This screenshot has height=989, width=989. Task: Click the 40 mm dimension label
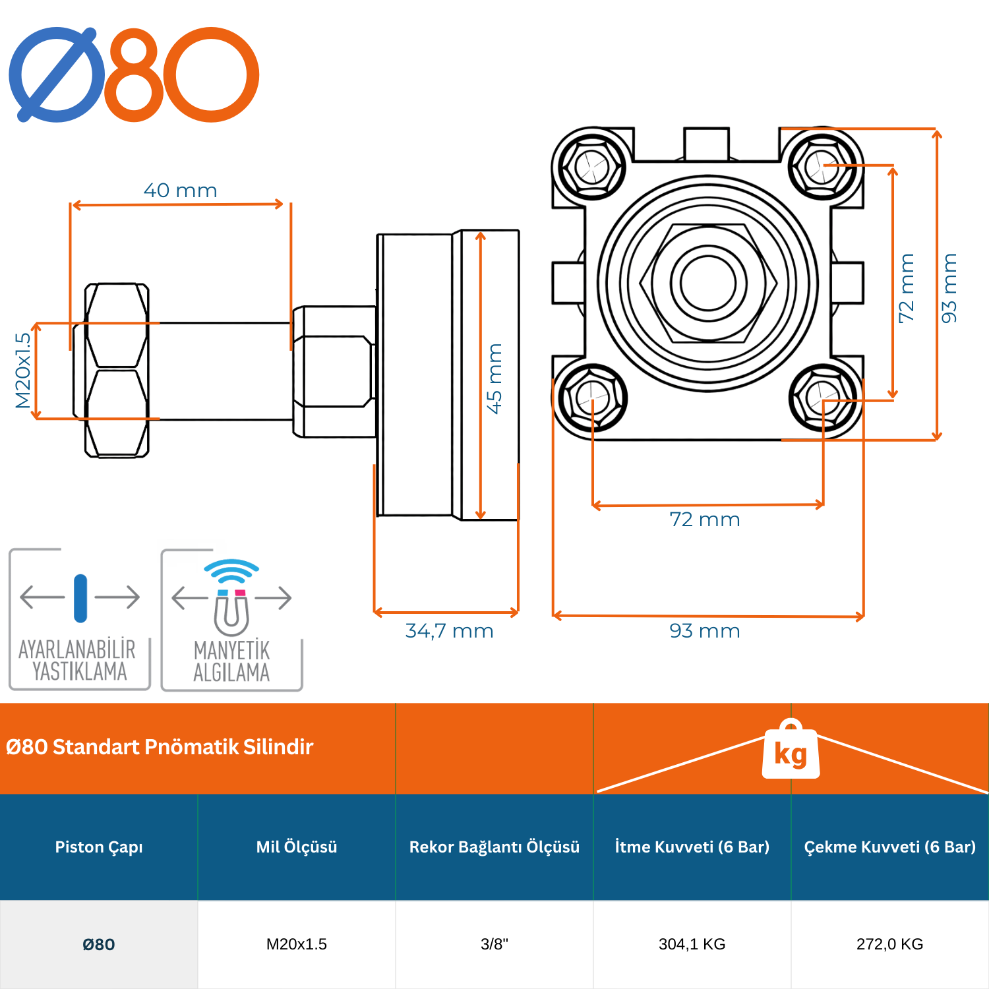coord(180,191)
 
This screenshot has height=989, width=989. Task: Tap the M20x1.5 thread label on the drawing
coord(22,371)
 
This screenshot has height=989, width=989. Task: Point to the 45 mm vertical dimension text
coord(494,378)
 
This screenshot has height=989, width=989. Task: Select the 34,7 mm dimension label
coord(449,631)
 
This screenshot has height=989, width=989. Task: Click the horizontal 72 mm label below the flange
coord(705,520)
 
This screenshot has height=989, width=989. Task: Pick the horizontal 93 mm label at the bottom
coord(705,631)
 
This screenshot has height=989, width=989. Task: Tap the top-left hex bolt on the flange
coord(591,166)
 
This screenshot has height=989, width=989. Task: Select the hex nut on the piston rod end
coord(117,371)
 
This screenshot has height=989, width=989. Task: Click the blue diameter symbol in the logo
coord(57,75)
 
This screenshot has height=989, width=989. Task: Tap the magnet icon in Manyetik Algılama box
coord(231,611)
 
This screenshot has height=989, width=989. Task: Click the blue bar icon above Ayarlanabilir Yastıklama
coord(80,598)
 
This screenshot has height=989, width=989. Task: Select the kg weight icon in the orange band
coord(791,752)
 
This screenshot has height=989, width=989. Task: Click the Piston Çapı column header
coord(99,847)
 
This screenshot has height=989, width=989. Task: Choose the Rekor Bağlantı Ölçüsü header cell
coord(494,847)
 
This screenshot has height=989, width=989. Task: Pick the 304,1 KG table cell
coord(692,944)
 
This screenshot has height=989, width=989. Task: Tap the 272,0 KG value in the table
coord(889,944)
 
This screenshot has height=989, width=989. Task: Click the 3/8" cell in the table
coord(494,944)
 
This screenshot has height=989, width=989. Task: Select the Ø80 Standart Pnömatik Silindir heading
coord(160,747)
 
